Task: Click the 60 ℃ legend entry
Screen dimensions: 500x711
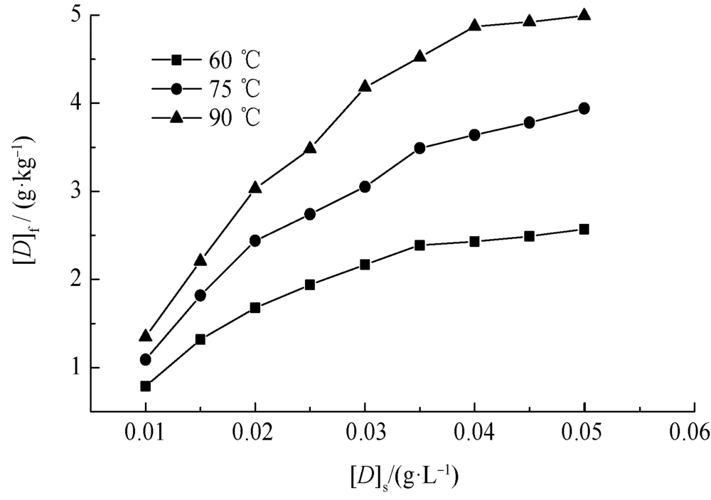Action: (206, 58)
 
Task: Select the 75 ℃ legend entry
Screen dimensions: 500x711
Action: (206, 88)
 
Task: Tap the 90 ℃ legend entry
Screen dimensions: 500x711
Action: (206, 117)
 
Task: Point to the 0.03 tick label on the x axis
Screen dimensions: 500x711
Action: (365, 433)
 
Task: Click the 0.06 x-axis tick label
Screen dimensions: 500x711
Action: (694, 433)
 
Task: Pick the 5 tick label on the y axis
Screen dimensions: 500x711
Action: (74, 15)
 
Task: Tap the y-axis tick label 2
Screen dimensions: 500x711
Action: (74, 280)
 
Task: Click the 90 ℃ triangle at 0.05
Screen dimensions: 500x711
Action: (584, 14)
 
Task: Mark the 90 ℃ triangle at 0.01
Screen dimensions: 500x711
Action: (146, 335)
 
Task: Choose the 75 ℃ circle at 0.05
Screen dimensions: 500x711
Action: (584, 108)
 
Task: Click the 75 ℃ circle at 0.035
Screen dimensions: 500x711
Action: (419, 148)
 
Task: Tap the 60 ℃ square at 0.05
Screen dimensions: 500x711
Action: (584, 229)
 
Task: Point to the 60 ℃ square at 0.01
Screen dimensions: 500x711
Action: (146, 386)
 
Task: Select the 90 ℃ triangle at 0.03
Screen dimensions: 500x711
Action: (365, 86)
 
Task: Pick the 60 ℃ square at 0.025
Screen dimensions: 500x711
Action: (310, 284)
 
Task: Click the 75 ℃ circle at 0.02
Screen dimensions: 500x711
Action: (255, 240)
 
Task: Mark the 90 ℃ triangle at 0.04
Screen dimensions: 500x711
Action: (474, 26)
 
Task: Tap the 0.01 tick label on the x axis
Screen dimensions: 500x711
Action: (146, 433)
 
